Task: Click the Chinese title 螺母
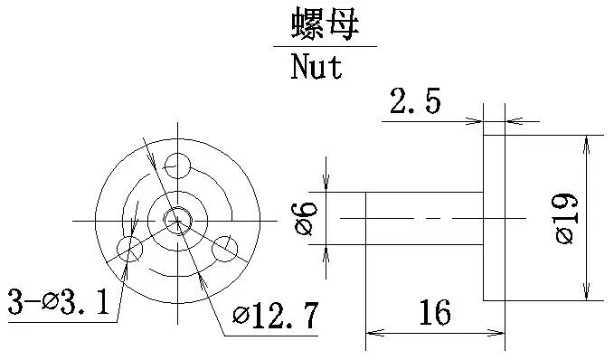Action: click(x=325, y=24)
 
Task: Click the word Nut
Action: click(x=316, y=67)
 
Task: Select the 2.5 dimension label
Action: click(x=415, y=102)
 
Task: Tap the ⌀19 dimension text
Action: click(x=567, y=218)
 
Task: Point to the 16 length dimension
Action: click(x=434, y=314)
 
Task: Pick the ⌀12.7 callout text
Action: click(x=276, y=316)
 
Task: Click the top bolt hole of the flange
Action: click(x=177, y=165)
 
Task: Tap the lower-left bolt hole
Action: click(x=130, y=248)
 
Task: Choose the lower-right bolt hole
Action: click(x=225, y=248)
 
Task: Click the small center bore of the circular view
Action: click(x=177, y=218)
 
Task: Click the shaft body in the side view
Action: click(x=423, y=218)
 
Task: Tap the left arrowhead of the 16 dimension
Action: click(x=372, y=333)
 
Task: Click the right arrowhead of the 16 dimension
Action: click(x=498, y=333)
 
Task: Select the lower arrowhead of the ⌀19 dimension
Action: click(x=589, y=293)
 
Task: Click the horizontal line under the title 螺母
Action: click(x=325, y=46)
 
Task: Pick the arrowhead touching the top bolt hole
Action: click(x=156, y=163)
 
